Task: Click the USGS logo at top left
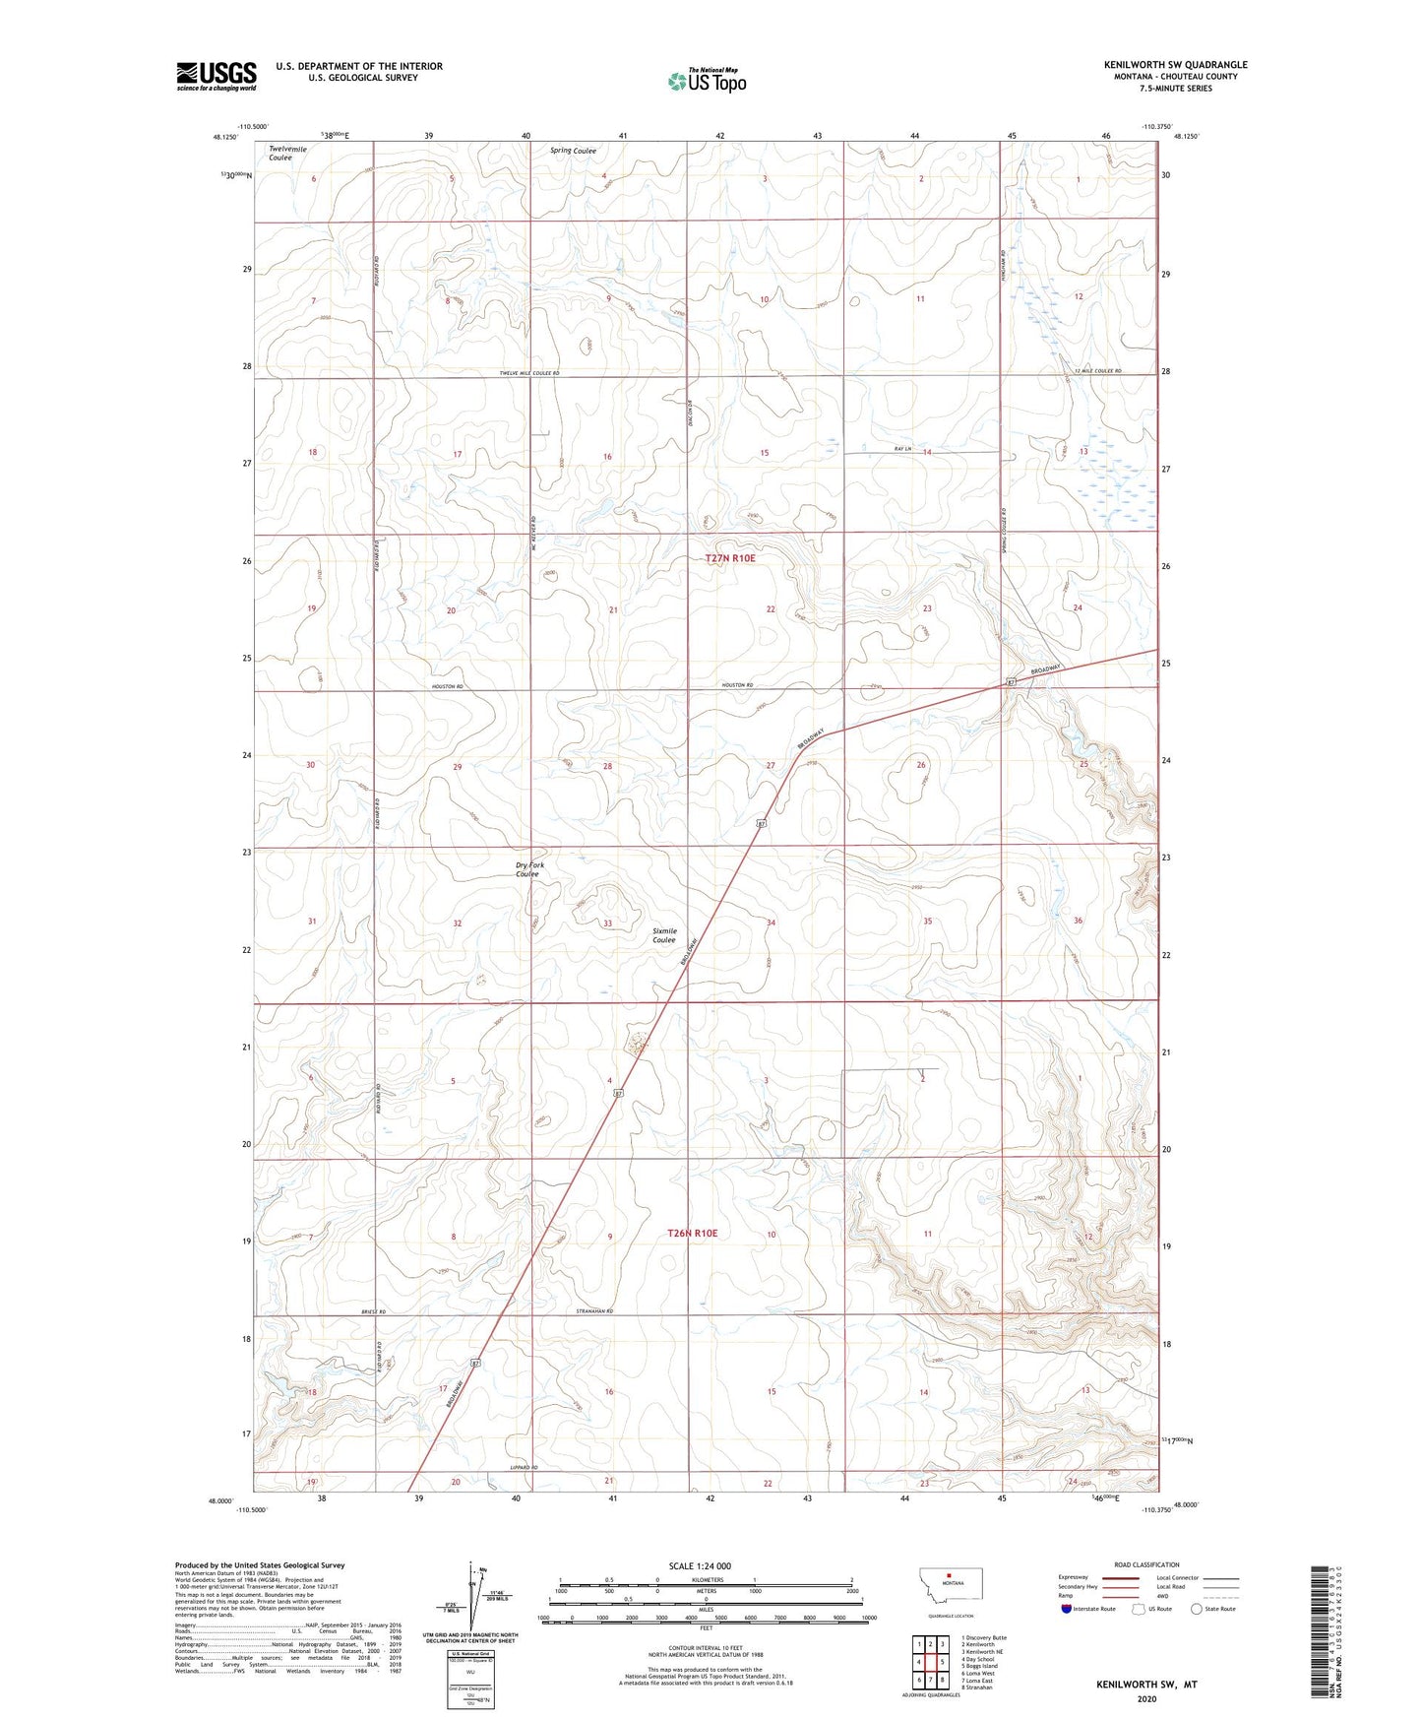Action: pyautogui.click(x=216, y=76)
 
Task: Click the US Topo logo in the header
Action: pyautogui.click(x=707, y=80)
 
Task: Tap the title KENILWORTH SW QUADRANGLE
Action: pyautogui.click(x=1175, y=65)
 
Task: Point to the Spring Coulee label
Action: pyautogui.click(x=573, y=151)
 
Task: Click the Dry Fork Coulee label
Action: pyautogui.click(x=528, y=869)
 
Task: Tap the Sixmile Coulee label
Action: pyautogui.click(x=664, y=935)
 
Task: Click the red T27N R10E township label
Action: pyautogui.click(x=730, y=558)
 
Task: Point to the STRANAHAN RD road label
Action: pyautogui.click(x=594, y=1311)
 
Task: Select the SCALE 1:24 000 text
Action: pyautogui.click(x=700, y=1566)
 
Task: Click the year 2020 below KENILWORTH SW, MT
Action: pyautogui.click(x=1146, y=1699)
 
